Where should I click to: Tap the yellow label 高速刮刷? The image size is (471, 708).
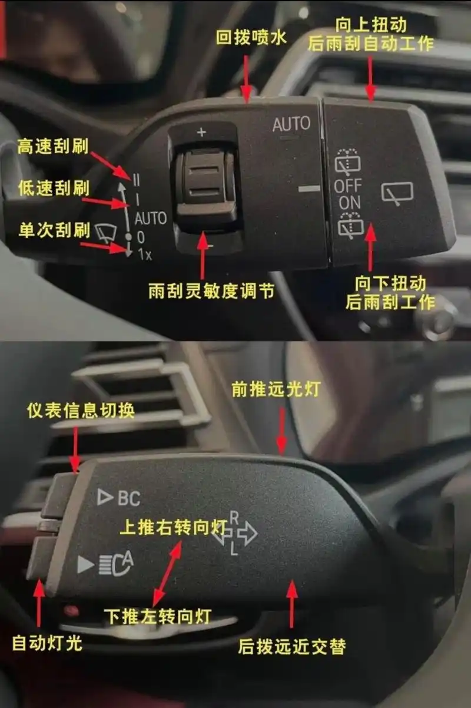(52, 145)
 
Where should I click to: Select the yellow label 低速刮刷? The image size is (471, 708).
(53, 188)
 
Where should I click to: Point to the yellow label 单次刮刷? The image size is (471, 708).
(54, 230)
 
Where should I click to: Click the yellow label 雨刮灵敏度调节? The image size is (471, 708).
(211, 291)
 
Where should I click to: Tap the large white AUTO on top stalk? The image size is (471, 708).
(291, 124)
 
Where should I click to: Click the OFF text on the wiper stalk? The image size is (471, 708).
(348, 186)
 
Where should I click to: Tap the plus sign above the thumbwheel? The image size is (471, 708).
(202, 133)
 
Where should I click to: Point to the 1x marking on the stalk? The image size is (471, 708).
(144, 254)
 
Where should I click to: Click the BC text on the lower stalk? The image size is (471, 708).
(129, 498)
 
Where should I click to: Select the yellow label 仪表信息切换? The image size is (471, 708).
(80, 411)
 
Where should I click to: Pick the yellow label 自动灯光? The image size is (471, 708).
(47, 643)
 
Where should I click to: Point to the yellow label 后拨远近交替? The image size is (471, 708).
(291, 646)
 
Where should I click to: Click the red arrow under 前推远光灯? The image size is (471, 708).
(282, 430)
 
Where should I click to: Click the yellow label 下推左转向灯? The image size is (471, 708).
(157, 616)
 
